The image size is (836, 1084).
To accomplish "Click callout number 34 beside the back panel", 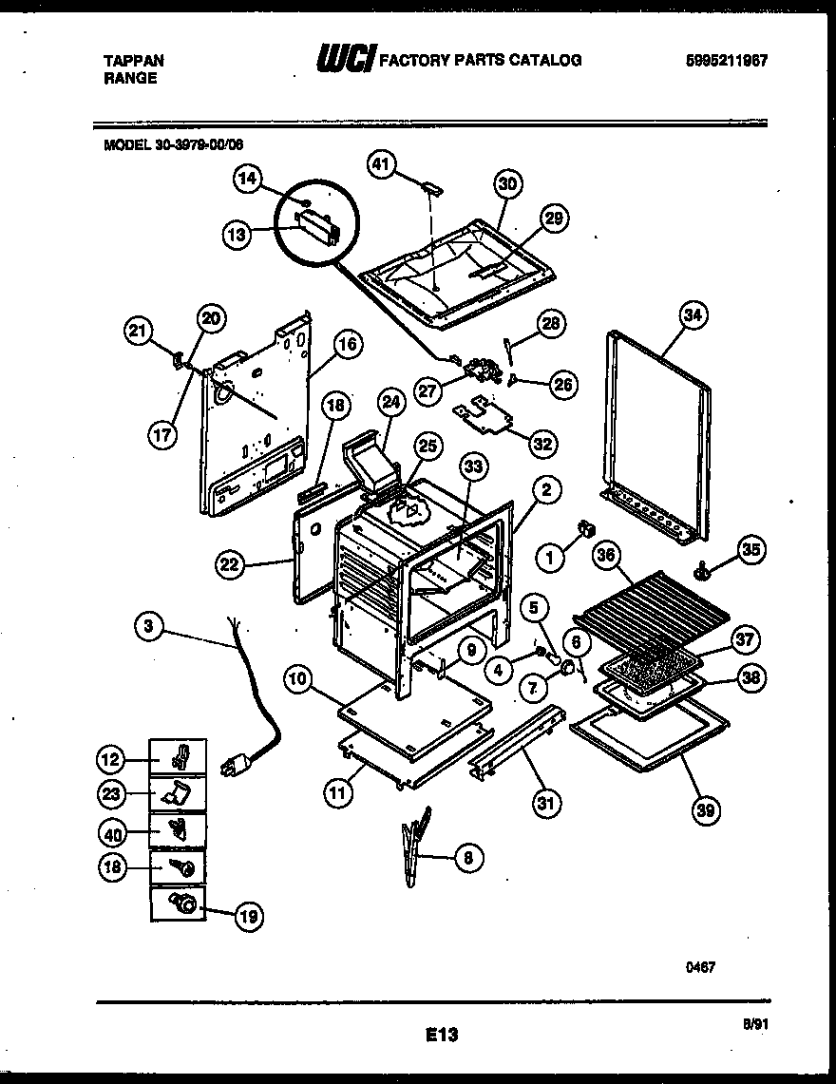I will (x=695, y=315).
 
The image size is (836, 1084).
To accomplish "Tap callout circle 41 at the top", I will (x=382, y=165).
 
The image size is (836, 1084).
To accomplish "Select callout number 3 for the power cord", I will (x=147, y=626).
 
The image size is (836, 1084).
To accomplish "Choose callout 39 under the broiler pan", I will (x=706, y=809).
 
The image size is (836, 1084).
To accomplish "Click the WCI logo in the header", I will (x=345, y=60).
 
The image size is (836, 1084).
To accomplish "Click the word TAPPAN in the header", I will (x=133, y=61).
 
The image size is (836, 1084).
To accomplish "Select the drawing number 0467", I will (x=700, y=966).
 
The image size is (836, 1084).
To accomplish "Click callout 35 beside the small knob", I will (x=751, y=550).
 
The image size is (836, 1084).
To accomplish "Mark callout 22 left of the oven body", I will (x=230, y=565).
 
